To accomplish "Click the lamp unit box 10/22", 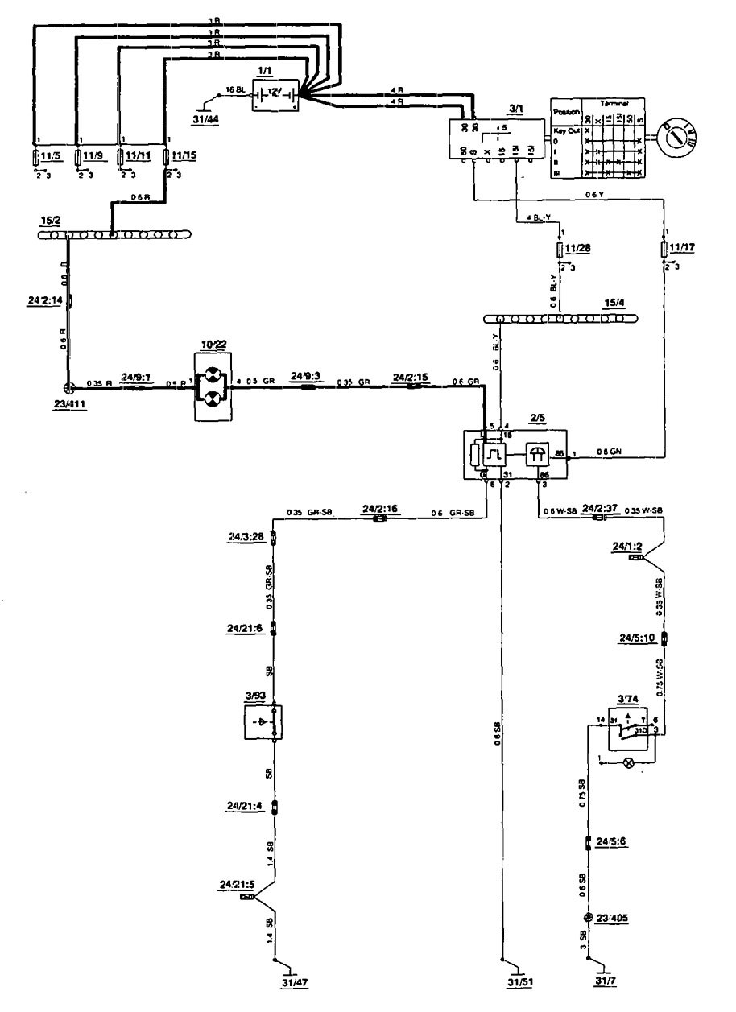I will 213,387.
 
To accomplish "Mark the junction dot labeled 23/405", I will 589,918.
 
